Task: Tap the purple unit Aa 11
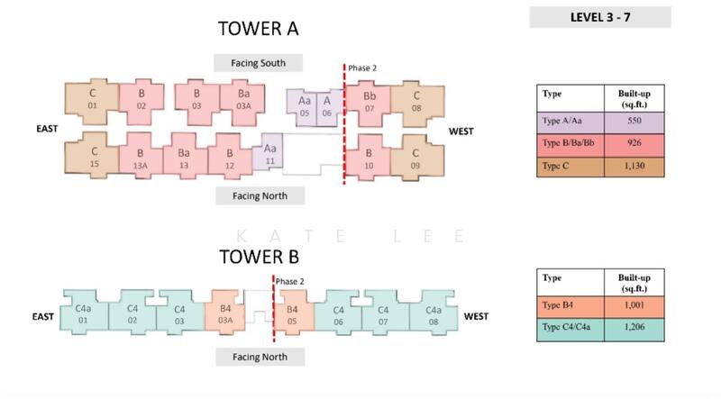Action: pyautogui.click(x=269, y=154)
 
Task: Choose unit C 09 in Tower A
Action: pyautogui.click(x=416, y=159)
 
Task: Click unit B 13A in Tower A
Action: pyautogui.click(x=141, y=159)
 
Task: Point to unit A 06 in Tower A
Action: pyautogui.click(x=327, y=106)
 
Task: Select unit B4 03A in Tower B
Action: pyautogui.click(x=226, y=314)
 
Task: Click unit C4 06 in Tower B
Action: pyautogui.click(x=339, y=314)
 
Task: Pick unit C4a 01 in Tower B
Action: pyautogui.click(x=84, y=314)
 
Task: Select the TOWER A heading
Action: pyautogui.click(x=259, y=29)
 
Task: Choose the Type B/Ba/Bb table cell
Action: pyautogui.click(x=570, y=144)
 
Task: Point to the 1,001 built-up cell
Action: pyautogui.click(x=637, y=306)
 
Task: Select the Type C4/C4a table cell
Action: pyautogui.click(x=570, y=331)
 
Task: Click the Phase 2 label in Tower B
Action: pyautogui.click(x=290, y=281)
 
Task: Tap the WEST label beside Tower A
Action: pyautogui.click(x=462, y=131)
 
